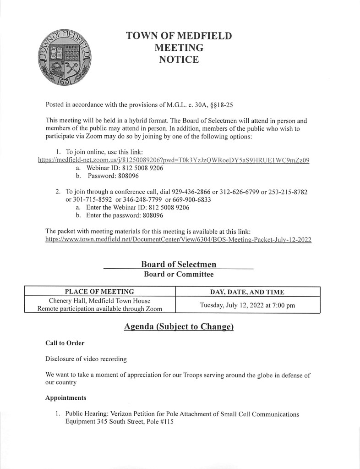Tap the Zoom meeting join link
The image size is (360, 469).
[174, 160]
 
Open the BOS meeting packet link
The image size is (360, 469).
[179, 240]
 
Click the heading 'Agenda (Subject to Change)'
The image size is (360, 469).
[179, 327]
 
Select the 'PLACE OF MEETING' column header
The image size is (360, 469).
[99, 292]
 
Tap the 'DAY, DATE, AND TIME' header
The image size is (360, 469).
[247, 292]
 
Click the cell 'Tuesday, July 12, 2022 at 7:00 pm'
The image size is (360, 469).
[247, 305]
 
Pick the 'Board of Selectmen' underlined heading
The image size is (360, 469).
[179, 264]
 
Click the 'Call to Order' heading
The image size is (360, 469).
[65, 343]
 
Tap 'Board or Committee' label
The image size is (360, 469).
[179, 275]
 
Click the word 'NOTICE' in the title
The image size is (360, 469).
[179, 60]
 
